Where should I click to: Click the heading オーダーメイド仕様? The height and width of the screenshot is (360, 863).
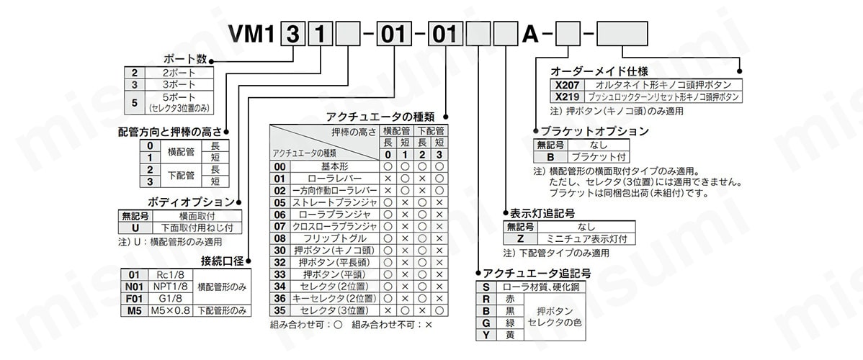[x=599, y=71]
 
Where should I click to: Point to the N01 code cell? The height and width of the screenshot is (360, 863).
[x=134, y=287]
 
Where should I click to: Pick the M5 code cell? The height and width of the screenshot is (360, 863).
[x=134, y=310]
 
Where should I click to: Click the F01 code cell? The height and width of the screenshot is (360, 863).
[x=134, y=298]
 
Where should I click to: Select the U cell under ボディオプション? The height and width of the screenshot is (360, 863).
[x=135, y=228]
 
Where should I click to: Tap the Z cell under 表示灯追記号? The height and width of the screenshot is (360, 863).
[x=520, y=238]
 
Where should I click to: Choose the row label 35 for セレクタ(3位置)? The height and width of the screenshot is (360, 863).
[x=280, y=310]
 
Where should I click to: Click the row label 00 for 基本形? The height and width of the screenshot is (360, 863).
[x=280, y=166]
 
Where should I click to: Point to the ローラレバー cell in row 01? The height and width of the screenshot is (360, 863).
[x=336, y=179]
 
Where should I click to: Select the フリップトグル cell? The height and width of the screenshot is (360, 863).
[x=336, y=238]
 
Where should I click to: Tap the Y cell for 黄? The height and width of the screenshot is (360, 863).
[x=486, y=334]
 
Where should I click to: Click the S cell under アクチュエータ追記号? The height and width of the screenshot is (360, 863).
[x=486, y=287]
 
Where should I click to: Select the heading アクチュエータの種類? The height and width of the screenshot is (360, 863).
[x=380, y=117]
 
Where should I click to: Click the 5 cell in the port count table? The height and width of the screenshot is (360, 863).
[x=134, y=102]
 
